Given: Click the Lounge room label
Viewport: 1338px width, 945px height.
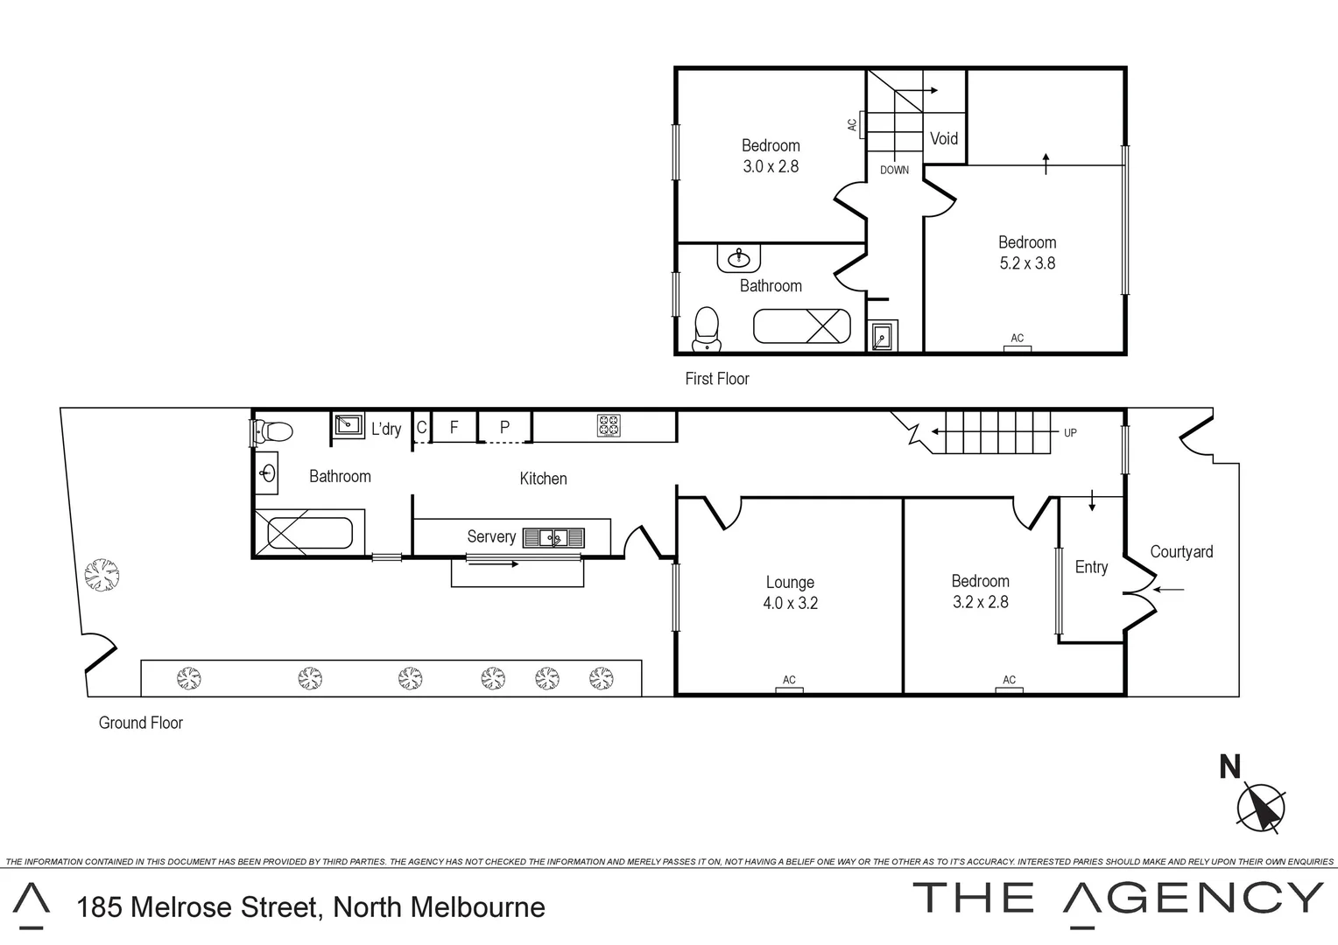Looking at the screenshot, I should point(790,582).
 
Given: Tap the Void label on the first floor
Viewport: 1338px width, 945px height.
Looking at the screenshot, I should point(943,138).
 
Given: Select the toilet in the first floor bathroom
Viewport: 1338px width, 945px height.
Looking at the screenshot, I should point(706,328).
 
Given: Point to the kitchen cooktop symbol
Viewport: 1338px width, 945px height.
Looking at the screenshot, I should point(609,426).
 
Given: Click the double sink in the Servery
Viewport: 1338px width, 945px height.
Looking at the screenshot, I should point(553,537).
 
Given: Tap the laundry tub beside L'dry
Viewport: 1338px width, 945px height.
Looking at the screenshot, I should point(349,424).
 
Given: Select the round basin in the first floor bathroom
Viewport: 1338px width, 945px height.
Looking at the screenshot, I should point(739,257).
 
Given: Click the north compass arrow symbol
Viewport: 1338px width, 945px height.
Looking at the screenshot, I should point(1261,806).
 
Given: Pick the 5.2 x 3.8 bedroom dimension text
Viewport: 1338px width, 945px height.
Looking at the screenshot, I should point(1027,263).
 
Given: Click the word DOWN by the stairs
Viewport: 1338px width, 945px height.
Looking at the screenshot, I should point(894,170).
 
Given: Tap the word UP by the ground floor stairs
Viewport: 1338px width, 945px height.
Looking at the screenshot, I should point(1070,432).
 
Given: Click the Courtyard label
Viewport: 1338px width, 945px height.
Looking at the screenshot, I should point(1181,551).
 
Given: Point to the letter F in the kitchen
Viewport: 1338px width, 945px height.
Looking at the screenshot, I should point(454,428).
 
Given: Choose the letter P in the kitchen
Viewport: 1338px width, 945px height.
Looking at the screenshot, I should point(504,428).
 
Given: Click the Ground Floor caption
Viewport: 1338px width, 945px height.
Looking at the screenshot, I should point(141,723).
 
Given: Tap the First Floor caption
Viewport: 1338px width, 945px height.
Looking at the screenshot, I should point(717,379).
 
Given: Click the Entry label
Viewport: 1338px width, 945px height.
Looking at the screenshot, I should point(1091,567).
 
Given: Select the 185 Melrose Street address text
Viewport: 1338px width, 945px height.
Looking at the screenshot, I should point(311,907).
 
